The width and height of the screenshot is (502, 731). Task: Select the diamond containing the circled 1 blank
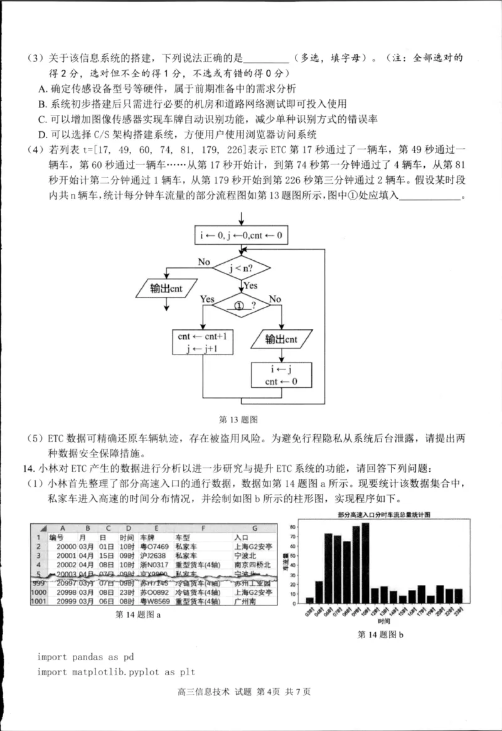[x=242, y=306]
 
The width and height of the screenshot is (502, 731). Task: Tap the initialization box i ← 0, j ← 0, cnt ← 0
[x=242, y=236]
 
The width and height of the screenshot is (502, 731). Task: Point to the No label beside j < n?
[x=204, y=262]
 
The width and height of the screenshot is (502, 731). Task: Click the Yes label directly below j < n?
[x=251, y=285]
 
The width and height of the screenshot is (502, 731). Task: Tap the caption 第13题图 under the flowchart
[x=238, y=419]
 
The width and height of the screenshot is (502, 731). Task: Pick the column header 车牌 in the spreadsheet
[x=147, y=538]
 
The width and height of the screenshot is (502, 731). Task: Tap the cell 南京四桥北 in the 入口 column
[x=252, y=565]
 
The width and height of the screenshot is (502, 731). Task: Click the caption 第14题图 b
[x=380, y=635]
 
